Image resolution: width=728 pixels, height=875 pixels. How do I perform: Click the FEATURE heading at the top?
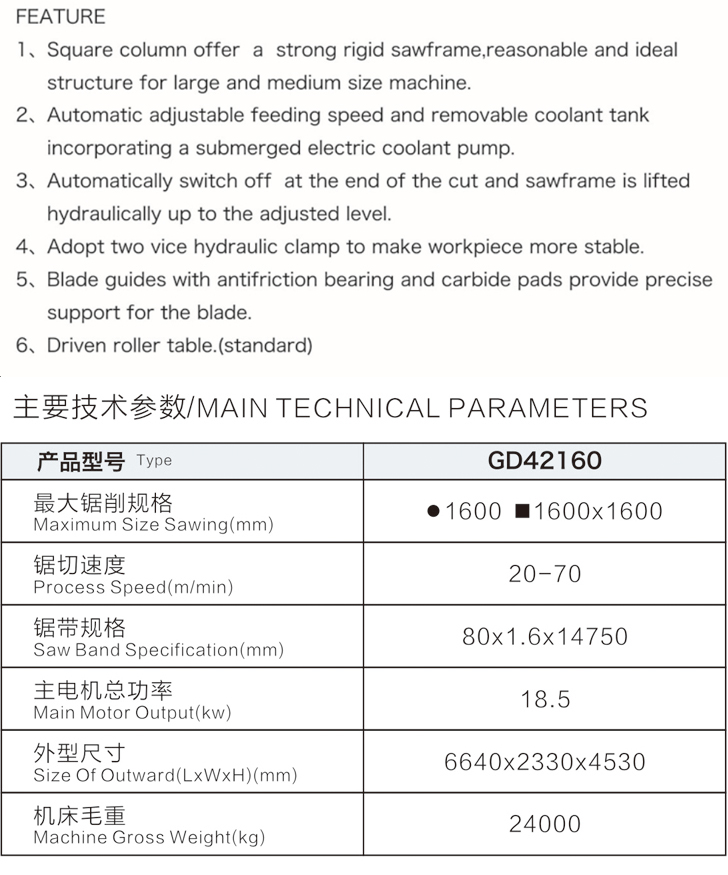[x=60, y=17]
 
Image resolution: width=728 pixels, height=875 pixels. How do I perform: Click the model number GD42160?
[x=544, y=460]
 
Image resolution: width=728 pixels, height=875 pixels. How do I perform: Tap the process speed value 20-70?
[x=544, y=574]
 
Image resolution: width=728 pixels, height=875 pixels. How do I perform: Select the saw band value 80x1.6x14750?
[x=544, y=636]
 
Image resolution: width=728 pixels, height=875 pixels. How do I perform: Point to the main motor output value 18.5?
[x=545, y=699]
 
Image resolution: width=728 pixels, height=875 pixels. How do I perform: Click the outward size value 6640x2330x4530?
[x=544, y=762]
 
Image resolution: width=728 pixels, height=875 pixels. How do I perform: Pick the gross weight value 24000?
[x=544, y=824]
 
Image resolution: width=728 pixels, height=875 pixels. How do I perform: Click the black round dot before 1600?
[x=433, y=511]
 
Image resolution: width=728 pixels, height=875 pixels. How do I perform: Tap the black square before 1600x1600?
[x=521, y=511]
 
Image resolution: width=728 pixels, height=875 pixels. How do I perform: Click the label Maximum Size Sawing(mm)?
[x=153, y=525]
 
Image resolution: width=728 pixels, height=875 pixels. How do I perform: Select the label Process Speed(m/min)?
[x=133, y=588]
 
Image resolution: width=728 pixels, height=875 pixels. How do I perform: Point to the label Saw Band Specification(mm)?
[x=158, y=650]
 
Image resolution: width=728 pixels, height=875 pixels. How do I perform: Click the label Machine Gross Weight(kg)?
[x=149, y=838]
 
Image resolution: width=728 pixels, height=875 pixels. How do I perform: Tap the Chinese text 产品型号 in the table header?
[x=80, y=461]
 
